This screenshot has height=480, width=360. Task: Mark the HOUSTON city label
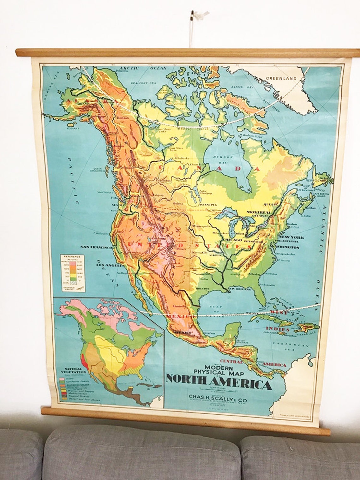pos(203,288)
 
